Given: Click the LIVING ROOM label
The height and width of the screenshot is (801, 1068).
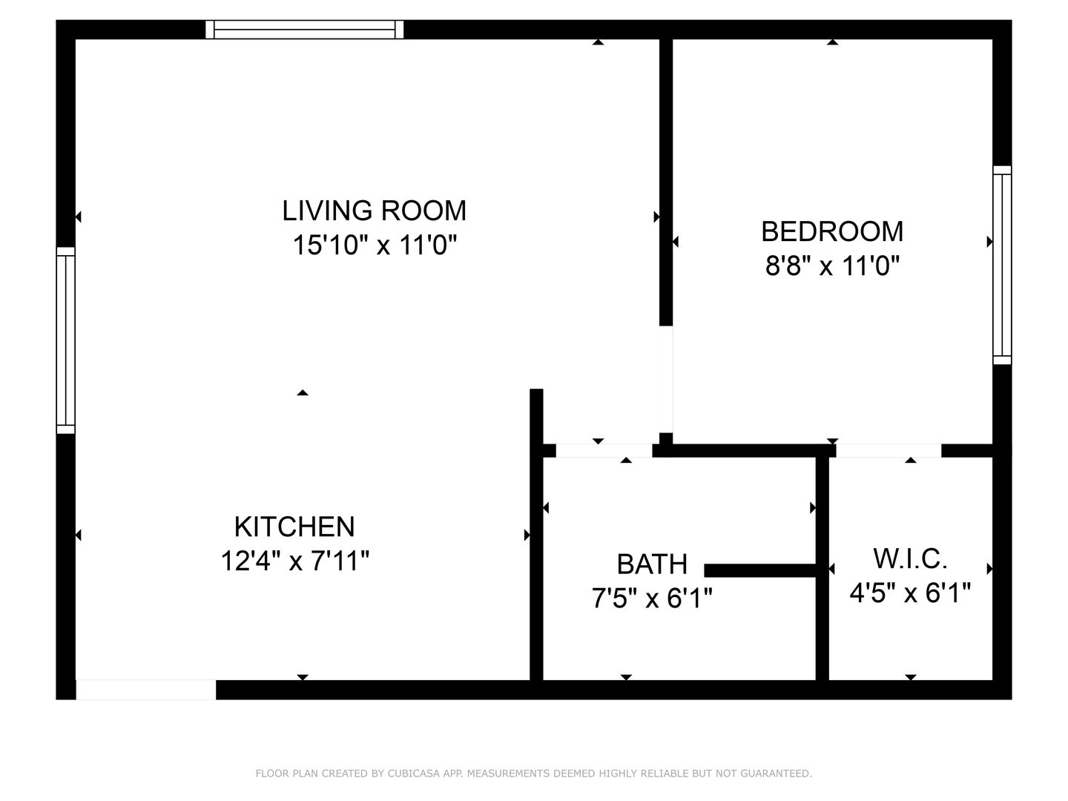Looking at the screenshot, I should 374,211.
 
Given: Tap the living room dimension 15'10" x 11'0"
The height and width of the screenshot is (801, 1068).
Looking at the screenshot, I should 374,245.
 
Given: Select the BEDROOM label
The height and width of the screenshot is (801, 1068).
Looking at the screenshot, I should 832,231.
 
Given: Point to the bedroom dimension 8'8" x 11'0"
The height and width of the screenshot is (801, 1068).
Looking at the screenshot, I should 832,266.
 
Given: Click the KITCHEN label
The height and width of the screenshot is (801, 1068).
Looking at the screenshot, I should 294,527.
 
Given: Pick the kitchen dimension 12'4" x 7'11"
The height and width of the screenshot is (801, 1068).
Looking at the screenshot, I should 294,561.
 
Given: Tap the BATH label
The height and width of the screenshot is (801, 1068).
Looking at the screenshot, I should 652,564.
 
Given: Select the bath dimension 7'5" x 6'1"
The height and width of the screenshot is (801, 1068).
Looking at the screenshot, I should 652,598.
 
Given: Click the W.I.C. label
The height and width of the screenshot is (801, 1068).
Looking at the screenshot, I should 910,558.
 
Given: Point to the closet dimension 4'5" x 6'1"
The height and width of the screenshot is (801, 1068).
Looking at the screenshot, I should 910,593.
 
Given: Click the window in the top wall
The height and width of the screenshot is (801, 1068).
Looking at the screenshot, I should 305,30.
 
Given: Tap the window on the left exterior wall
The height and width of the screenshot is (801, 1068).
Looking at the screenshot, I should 66,340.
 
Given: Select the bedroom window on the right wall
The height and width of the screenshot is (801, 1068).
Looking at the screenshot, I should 1002,265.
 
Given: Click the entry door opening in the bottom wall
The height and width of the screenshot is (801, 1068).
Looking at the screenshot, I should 146,690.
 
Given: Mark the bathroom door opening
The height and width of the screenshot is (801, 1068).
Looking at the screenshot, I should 604,451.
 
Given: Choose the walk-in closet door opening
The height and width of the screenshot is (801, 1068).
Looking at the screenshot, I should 889,451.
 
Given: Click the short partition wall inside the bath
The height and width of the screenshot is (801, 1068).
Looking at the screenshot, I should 759,570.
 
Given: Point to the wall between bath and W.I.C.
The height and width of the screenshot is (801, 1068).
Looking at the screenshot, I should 822,567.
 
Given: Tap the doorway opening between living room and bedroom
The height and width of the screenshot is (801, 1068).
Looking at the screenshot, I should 667,379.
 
